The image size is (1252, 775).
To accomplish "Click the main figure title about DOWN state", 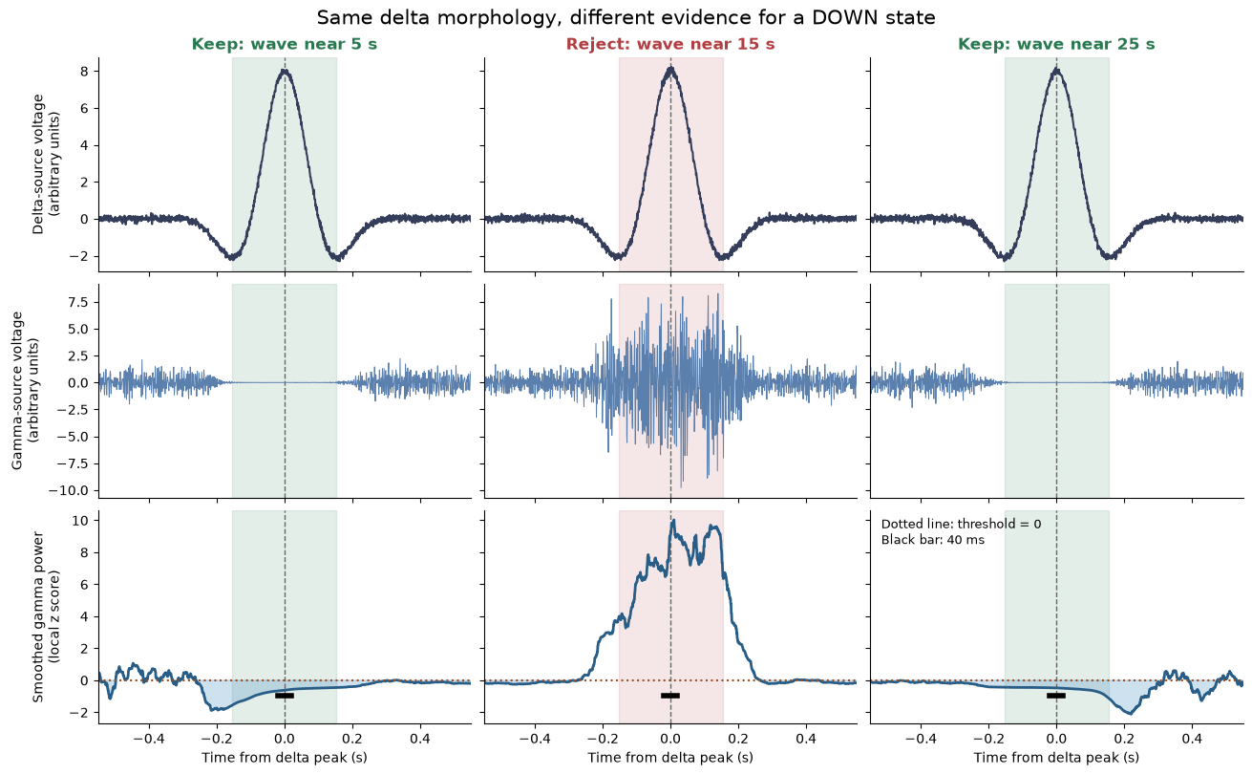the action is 626,18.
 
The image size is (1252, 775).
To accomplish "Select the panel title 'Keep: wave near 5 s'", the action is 285,44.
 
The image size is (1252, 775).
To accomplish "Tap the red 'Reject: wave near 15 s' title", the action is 670,44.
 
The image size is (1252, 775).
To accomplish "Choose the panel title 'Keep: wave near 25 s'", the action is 1056,44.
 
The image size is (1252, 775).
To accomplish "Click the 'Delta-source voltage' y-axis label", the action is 45,164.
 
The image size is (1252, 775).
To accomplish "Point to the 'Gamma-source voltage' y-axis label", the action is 25,391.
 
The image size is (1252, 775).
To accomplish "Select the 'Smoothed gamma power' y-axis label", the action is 45,616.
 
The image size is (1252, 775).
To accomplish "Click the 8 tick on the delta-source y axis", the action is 84,72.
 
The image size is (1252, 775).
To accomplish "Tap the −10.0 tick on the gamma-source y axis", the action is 69,490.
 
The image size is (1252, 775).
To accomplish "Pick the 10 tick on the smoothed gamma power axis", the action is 80,520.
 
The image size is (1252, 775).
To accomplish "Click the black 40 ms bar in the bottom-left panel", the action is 285,696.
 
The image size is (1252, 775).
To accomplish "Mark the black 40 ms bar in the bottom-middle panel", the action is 670,696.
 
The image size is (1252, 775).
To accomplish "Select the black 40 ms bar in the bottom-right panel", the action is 1056,696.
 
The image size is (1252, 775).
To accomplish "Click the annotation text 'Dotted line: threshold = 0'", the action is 962,524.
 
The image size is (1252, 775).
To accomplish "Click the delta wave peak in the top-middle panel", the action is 670,70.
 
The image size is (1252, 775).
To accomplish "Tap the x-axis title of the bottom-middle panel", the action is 670,758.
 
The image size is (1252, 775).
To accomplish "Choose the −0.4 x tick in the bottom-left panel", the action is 149,739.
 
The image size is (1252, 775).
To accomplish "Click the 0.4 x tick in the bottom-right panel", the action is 1192,739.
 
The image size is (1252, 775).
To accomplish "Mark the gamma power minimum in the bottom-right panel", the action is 1130,714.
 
